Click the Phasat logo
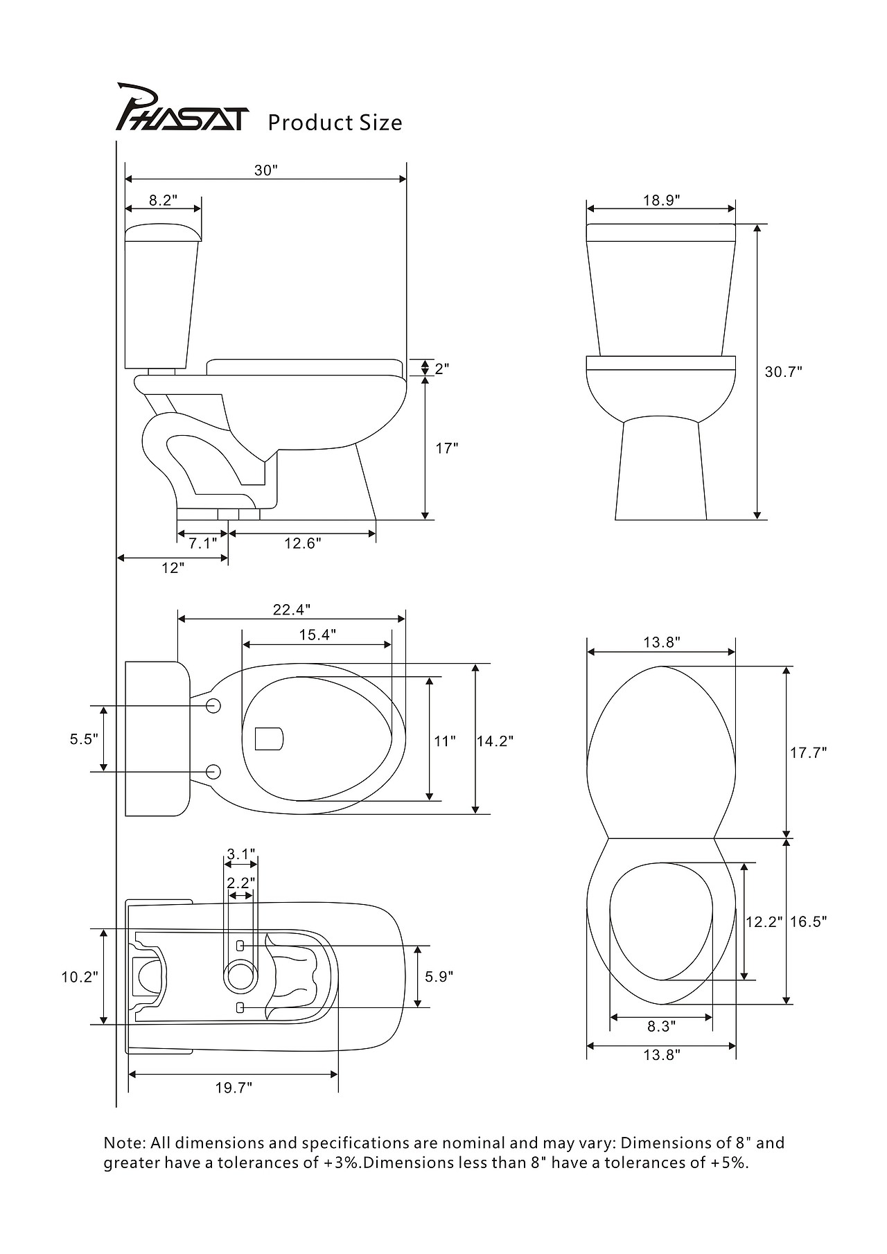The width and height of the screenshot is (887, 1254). click(179, 109)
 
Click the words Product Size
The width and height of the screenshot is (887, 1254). click(335, 123)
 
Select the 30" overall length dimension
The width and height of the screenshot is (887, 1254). click(265, 170)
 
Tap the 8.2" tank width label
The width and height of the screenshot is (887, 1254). click(164, 200)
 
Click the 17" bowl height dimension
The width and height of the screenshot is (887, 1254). click(447, 448)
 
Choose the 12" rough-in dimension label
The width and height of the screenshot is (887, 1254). click(173, 568)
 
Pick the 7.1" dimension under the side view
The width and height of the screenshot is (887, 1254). click(202, 544)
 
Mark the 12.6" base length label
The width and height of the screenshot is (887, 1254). click(303, 544)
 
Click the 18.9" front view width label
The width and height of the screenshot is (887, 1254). click(661, 200)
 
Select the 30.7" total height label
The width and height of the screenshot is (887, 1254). click(783, 372)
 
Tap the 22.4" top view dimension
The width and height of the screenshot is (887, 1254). click(291, 610)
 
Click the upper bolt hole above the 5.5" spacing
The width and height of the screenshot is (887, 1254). click(213, 706)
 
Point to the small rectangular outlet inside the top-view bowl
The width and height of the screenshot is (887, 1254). click(269, 739)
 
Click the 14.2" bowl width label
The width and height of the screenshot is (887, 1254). click(495, 741)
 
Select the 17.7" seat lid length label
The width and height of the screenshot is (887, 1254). click(809, 752)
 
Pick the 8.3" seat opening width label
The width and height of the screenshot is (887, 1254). click(661, 1026)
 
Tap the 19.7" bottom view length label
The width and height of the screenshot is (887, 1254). click(234, 1088)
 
